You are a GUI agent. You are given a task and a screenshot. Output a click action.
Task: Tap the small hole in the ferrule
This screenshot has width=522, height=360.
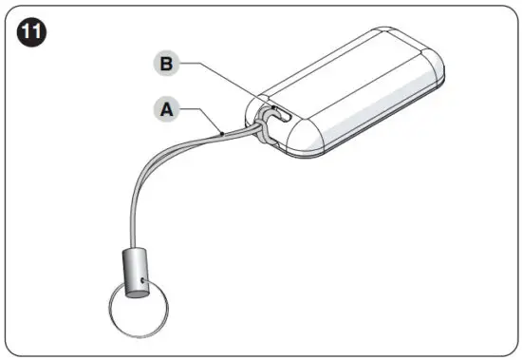tap(140, 281)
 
